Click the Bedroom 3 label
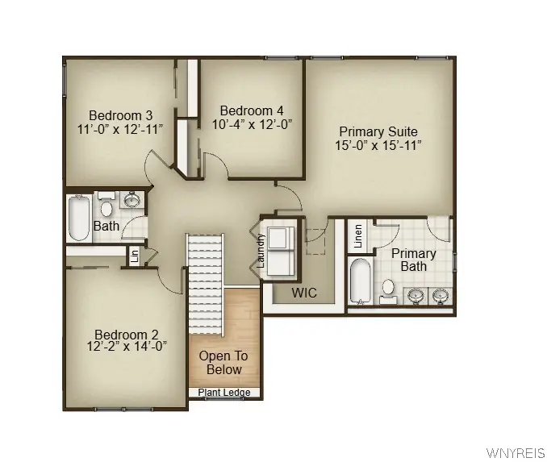(x=120, y=115)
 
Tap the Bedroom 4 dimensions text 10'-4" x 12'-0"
(x=252, y=124)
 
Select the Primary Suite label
(x=378, y=131)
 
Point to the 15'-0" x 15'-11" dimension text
(x=378, y=145)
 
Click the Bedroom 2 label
(x=127, y=335)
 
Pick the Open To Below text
(x=223, y=363)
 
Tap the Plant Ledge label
(x=224, y=393)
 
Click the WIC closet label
(x=304, y=293)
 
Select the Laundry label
(x=261, y=251)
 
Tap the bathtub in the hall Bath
(x=79, y=218)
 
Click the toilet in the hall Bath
(x=106, y=204)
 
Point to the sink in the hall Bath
(x=132, y=200)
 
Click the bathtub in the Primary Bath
(x=361, y=281)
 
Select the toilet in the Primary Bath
(x=388, y=292)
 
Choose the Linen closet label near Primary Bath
(x=358, y=236)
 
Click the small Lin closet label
(x=135, y=256)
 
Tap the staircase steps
(x=205, y=285)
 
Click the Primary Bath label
(x=413, y=260)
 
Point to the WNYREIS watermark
(x=516, y=453)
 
